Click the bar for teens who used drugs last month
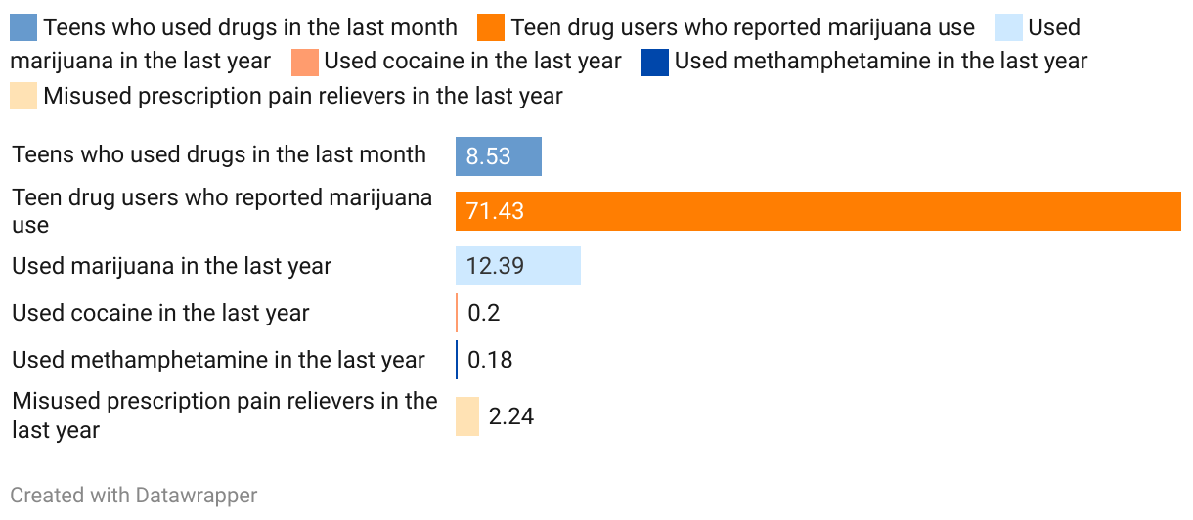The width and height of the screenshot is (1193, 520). point(498,156)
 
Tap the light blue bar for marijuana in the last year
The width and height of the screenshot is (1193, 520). point(517,266)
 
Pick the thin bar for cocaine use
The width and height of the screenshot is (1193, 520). point(457,313)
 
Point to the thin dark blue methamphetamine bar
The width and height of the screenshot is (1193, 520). point(457,360)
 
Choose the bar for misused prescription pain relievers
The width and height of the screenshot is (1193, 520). point(467,416)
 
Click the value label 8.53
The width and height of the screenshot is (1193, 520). point(488,156)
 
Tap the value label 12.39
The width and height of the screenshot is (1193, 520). point(496,266)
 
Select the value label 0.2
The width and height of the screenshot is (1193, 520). point(483,313)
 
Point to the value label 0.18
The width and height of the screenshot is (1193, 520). point(490,360)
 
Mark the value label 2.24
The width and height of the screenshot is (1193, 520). point(510,416)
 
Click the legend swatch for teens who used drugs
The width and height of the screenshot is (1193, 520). point(23,27)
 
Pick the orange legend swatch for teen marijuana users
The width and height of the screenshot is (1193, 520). point(492,27)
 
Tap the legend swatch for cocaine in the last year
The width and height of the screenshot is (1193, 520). point(305,62)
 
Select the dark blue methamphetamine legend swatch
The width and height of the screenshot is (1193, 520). point(655,62)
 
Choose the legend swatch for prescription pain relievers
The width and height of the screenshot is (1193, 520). point(23,96)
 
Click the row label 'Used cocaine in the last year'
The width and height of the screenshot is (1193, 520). point(160,313)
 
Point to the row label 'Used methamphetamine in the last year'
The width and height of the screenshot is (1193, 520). point(218,360)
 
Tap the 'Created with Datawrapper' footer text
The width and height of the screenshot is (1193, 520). point(134,496)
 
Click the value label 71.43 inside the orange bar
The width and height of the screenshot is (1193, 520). point(495,211)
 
